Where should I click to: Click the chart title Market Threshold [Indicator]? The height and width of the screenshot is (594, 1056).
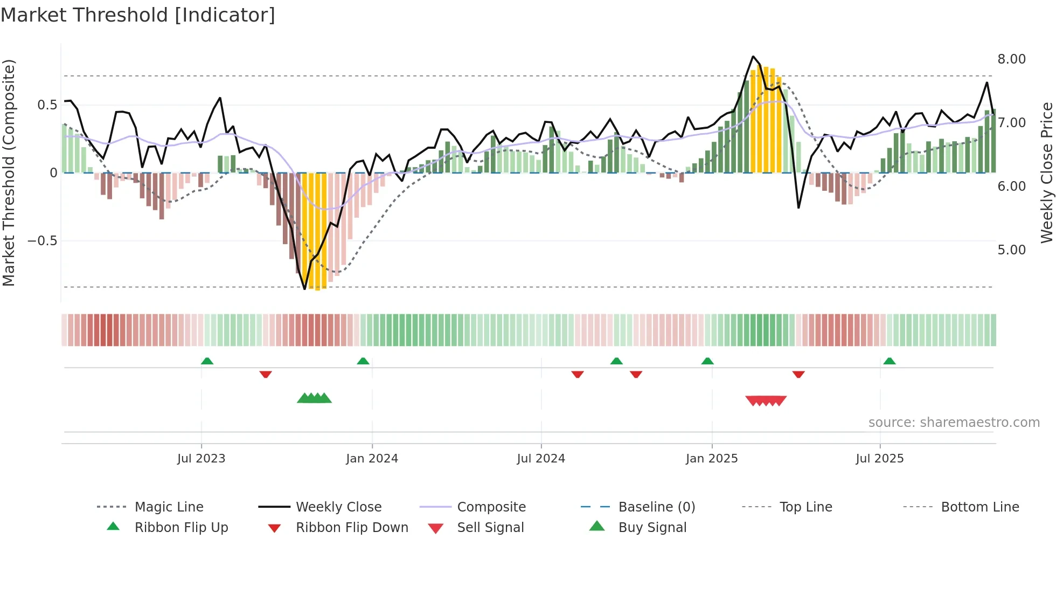pyautogui.click(x=138, y=15)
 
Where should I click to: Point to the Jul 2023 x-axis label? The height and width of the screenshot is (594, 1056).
pyautogui.click(x=201, y=459)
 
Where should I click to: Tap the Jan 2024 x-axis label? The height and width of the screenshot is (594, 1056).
pyautogui.click(x=372, y=459)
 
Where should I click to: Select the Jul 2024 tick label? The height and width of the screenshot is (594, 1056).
pyautogui.click(x=541, y=459)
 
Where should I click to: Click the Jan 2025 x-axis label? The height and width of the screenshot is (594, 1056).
pyautogui.click(x=712, y=459)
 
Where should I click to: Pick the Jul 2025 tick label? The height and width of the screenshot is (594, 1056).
pyautogui.click(x=880, y=459)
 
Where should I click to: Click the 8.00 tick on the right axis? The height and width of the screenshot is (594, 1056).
pyautogui.click(x=1011, y=59)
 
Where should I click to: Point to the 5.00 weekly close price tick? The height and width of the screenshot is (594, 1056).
pyautogui.click(x=1011, y=250)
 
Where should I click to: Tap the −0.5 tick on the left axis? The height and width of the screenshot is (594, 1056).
pyautogui.click(x=43, y=241)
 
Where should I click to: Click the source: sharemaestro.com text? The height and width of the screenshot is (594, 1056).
pyautogui.click(x=954, y=423)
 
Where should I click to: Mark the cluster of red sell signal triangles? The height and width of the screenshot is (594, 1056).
pyautogui.click(x=766, y=400)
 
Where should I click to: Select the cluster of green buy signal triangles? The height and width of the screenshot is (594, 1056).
pyautogui.click(x=314, y=398)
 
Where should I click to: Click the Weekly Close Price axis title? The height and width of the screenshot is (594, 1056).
pyautogui.click(x=1046, y=172)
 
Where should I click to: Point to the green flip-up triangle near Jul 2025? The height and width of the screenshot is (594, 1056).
pyautogui.click(x=890, y=361)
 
